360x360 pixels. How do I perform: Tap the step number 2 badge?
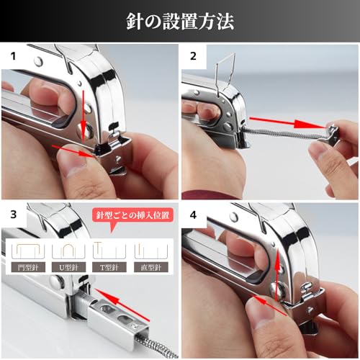click(194, 55)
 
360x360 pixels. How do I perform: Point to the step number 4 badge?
click(194, 214)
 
